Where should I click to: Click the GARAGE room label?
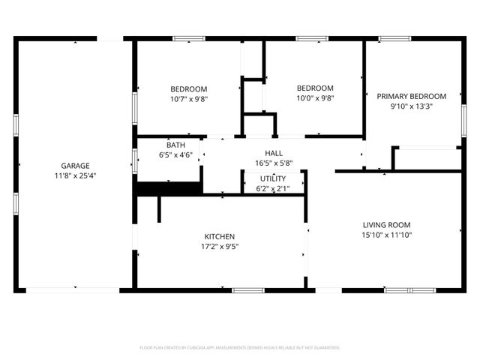(x=75, y=165)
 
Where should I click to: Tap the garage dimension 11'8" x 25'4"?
(x=75, y=175)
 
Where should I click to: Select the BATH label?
(x=175, y=145)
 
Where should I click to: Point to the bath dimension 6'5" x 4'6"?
(x=175, y=155)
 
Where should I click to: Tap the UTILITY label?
(x=272, y=178)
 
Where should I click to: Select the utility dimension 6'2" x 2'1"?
(x=272, y=188)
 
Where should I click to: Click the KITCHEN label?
(x=220, y=235)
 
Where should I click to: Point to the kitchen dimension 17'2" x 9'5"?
(x=220, y=246)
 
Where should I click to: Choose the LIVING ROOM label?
(x=386, y=225)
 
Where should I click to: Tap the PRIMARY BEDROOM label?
(x=411, y=96)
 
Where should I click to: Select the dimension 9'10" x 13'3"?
(x=411, y=106)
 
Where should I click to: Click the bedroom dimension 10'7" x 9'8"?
(x=188, y=98)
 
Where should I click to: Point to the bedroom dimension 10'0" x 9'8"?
(x=314, y=98)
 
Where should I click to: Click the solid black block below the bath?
(x=169, y=188)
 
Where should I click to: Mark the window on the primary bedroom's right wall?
(x=463, y=120)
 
